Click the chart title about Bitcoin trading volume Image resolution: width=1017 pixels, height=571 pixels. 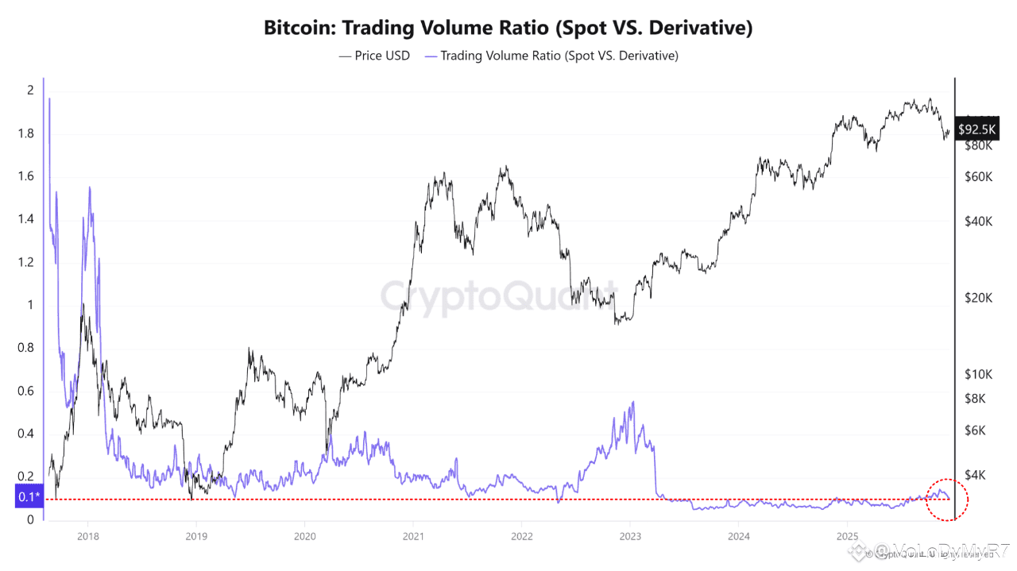tap(508, 28)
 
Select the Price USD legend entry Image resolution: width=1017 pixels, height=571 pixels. tap(374, 56)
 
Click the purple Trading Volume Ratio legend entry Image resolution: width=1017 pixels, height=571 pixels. tap(551, 56)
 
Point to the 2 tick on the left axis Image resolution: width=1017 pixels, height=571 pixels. tap(30, 91)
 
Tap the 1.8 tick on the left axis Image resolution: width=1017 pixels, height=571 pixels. tap(26, 133)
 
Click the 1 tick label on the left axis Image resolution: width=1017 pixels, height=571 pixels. tap(30, 305)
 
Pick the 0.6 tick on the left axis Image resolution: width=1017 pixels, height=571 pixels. tap(26, 391)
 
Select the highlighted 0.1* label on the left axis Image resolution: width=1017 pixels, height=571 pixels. tap(27, 498)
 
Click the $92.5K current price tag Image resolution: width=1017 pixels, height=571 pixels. tap(977, 129)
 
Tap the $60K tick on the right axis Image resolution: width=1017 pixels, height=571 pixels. tap(978, 176)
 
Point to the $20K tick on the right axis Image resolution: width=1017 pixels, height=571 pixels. tap(978, 298)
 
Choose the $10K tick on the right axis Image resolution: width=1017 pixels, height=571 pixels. tap(978, 374)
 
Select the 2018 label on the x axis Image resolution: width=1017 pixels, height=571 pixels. tap(87, 536)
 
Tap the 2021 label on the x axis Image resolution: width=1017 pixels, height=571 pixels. tap(412, 536)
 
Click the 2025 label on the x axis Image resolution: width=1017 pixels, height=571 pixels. tap(846, 536)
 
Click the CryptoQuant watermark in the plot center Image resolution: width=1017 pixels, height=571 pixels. tap(498, 295)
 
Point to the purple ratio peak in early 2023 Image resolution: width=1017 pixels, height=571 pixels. tap(632, 403)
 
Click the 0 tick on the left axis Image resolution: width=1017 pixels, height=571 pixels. tap(30, 519)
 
